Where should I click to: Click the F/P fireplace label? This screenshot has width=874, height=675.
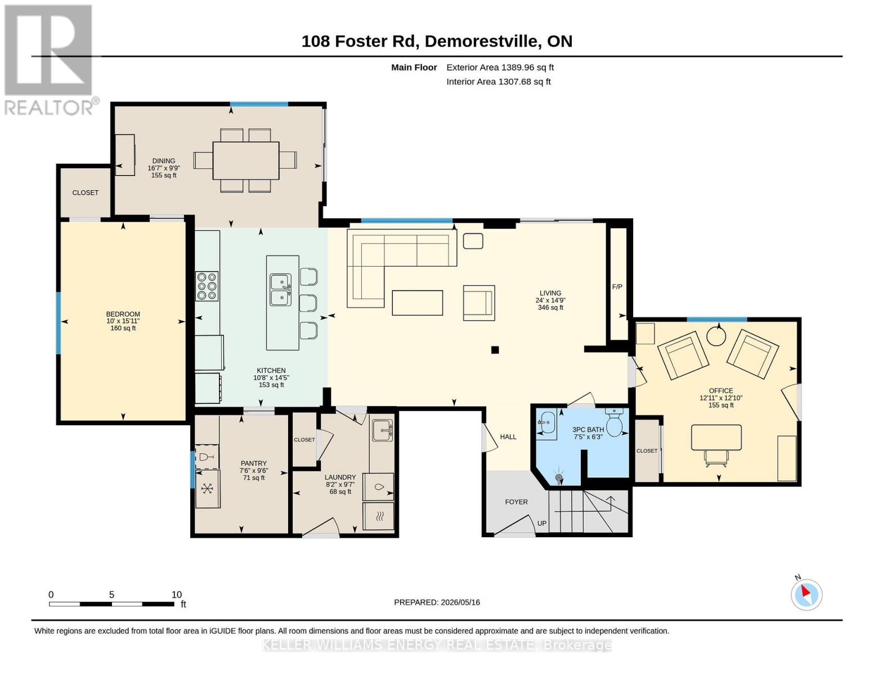[x=617, y=287]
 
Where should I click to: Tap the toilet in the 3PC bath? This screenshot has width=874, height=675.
[x=614, y=422]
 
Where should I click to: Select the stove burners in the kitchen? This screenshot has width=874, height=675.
[x=207, y=286]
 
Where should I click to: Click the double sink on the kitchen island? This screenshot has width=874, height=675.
[x=281, y=290]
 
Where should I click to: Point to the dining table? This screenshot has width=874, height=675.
[x=246, y=160]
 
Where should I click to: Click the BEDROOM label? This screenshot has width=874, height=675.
[x=123, y=314]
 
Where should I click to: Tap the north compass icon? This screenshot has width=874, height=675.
[x=806, y=595]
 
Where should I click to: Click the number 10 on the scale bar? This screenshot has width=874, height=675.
[x=177, y=595]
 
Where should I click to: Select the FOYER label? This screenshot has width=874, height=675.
[x=516, y=502]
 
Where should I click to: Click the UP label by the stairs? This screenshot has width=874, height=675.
[x=542, y=523]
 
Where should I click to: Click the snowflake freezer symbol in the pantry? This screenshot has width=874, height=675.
[x=207, y=488]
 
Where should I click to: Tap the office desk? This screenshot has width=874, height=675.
[x=716, y=438]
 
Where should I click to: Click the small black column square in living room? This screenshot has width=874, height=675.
[x=495, y=350]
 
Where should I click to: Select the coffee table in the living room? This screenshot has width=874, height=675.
[x=417, y=303]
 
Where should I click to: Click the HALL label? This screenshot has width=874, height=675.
[x=508, y=436]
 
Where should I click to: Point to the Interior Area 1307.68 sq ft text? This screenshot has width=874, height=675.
[x=498, y=82]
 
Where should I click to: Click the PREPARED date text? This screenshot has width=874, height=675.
[x=437, y=602]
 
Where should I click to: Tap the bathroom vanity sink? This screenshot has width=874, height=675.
[x=546, y=422]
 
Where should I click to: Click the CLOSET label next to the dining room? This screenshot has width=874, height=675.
[x=86, y=192]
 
